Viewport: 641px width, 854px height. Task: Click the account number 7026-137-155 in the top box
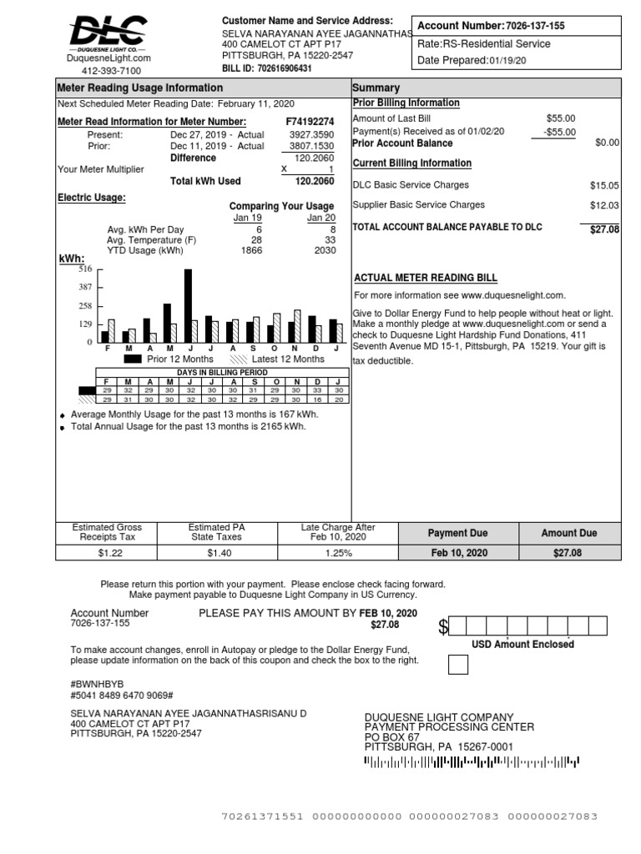(x=535, y=26)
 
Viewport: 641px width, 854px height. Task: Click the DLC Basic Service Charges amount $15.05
(x=604, y=185)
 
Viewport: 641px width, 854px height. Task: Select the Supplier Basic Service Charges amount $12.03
(x=604, y=205)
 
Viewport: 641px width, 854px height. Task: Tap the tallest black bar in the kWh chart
(x=188, y=305)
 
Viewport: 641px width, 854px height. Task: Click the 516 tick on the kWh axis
(x=85, y=269)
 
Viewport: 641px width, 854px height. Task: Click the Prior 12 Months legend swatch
(x=132, y=359)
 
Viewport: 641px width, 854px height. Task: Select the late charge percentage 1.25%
(x=338, y=553)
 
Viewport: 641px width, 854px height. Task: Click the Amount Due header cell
(x=569, y=533)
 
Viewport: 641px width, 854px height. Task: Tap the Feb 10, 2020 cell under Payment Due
(x=459, y=553)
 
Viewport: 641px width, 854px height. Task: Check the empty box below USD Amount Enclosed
(x=458, y=665)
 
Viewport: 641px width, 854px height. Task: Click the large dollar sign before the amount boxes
(x=443, y=628)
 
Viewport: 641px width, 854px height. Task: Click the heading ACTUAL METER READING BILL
(x=426, y=278)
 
